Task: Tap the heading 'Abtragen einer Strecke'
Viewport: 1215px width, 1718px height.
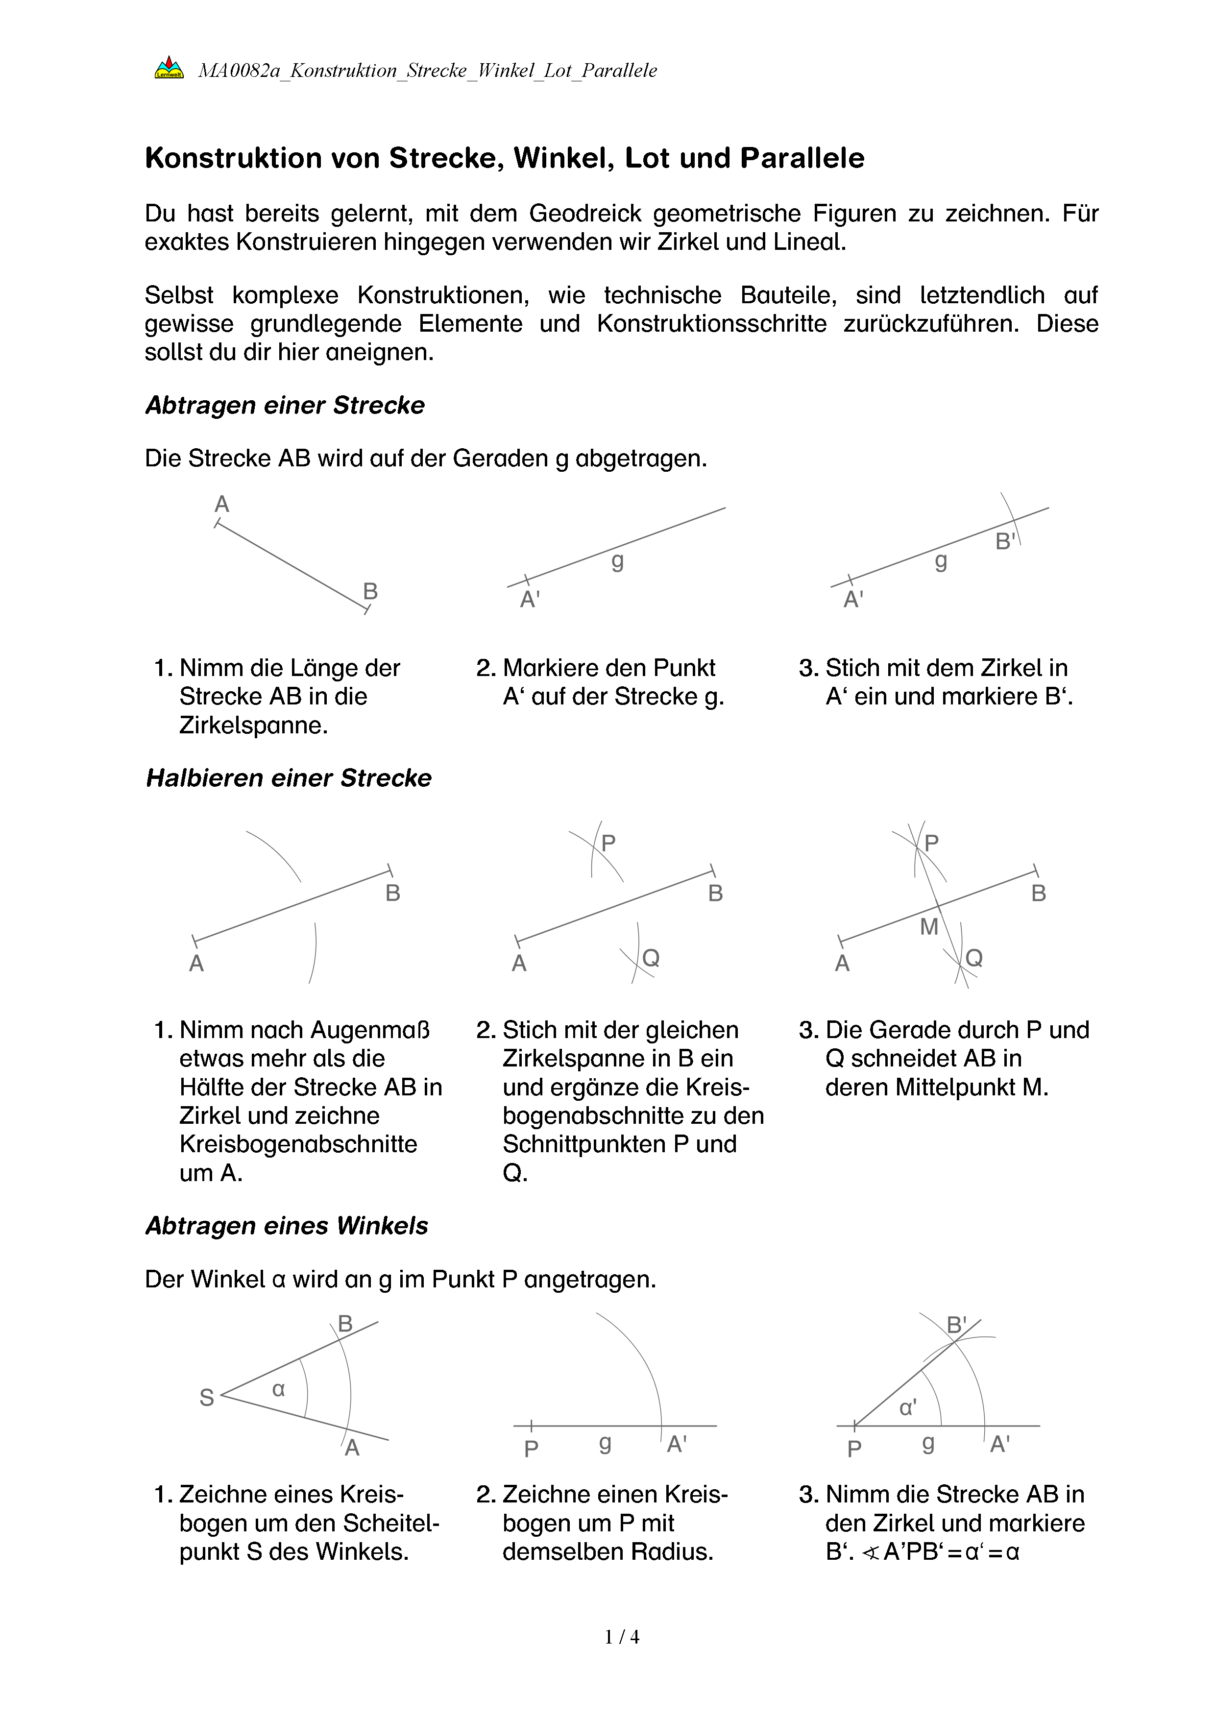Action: point(285,406)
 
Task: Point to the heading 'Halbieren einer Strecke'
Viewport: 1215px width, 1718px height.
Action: point(289,778)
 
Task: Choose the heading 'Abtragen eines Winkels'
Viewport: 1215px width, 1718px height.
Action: point(287,1226)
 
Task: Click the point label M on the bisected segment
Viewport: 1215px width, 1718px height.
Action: point(928,927)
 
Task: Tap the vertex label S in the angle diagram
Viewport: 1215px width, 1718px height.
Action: point(206,1398)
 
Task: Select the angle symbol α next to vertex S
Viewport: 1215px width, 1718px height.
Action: point(278,1389)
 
